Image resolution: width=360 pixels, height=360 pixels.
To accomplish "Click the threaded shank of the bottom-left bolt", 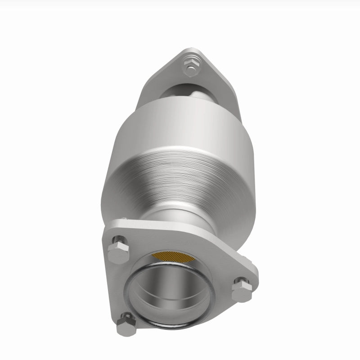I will pyautogui.click(x=128, y=317).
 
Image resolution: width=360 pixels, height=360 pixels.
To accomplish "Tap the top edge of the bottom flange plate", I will pyautogui.click(x=180, y=227).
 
